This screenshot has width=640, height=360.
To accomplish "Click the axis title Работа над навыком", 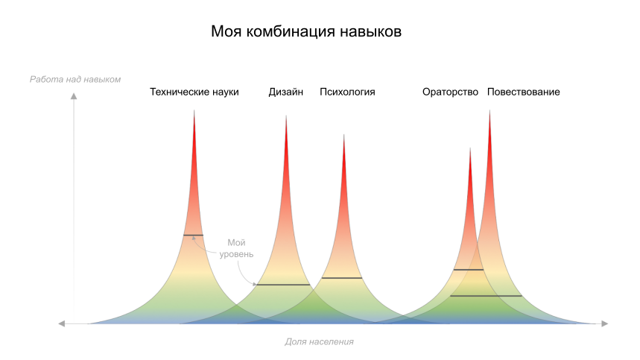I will [75, 79].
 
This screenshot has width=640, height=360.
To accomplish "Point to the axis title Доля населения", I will [319, 341].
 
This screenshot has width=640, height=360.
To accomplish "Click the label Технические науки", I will [194, 92].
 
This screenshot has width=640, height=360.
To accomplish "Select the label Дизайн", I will [286, 92].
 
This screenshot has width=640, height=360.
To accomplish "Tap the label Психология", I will [347, 92].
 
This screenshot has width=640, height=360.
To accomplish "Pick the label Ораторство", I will [450, 92].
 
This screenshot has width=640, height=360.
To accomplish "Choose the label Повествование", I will [524, 92].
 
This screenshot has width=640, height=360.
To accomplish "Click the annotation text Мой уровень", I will [236, 248].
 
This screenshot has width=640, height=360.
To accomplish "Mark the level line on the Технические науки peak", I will [193, 236].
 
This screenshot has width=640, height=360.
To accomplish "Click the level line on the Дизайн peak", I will [282, 285].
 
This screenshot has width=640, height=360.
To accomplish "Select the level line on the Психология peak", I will [342, 278].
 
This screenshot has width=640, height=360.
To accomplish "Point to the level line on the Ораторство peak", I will [469, 270].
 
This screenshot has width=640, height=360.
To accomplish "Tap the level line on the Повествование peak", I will [487, 296].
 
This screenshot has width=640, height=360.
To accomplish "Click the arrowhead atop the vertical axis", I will [74, 95].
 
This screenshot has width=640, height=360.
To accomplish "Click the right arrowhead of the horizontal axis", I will [605, 323].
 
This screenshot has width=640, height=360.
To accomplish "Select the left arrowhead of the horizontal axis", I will [62, 323].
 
